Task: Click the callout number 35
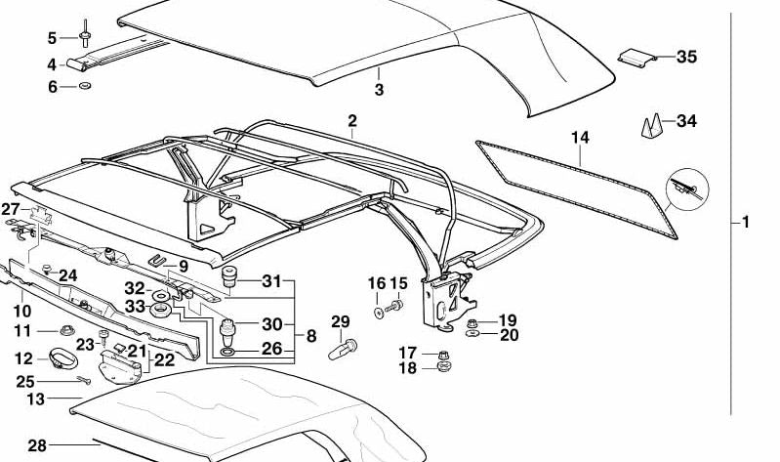point(687,58)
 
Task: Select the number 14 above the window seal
point(581,138)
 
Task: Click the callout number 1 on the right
point(746,223)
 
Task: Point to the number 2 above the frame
point(351,120)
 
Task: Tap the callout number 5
point(53,38)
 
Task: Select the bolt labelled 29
point(348,345)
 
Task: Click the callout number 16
point(376,283)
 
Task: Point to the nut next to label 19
point(473,321)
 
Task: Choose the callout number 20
point(509,335)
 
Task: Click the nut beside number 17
point(443,354)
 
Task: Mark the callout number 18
point(408,368)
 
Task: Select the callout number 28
point(37,445)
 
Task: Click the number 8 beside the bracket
point(311,336)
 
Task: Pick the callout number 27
point(11,209)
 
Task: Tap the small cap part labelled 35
point(636,58)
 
